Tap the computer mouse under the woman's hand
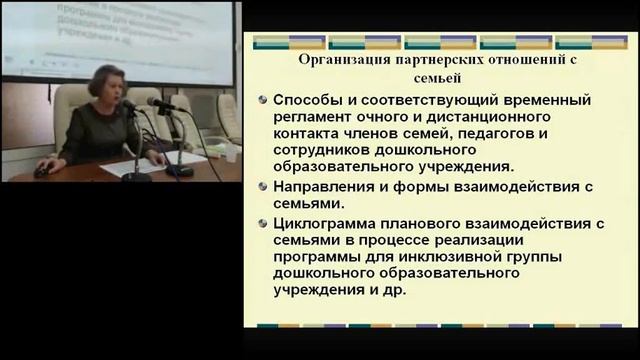pos(41,171)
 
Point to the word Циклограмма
pos(329,222)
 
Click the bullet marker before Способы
pos(262,100)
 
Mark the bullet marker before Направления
pos(262,187)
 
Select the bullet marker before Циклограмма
pos(262,222)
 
